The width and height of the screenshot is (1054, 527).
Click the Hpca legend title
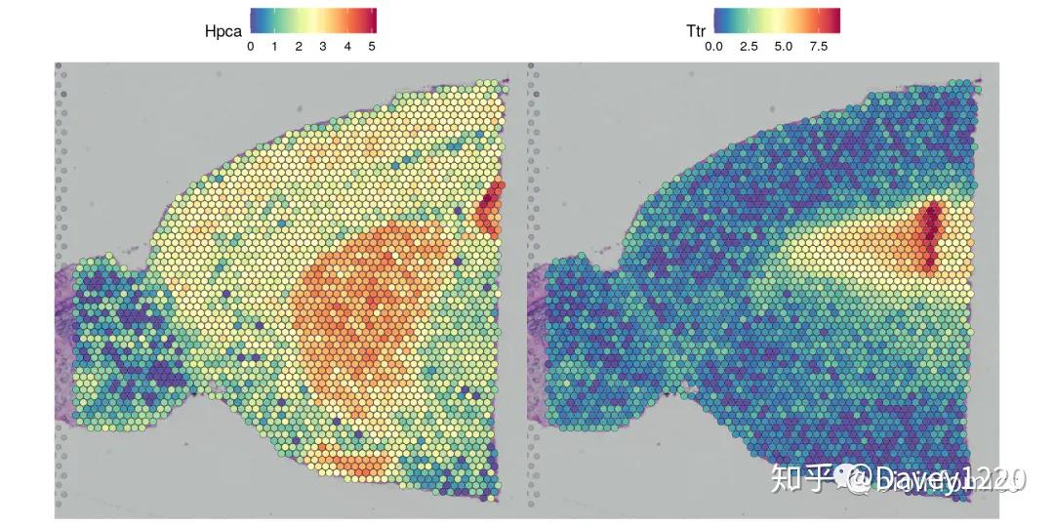[223, 31]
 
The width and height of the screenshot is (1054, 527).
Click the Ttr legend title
[696, 31]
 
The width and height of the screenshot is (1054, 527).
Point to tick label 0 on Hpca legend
[251, 46]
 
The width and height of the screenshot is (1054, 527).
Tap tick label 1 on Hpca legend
[275, 46]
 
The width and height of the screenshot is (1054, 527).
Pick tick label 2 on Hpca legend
[299, 46]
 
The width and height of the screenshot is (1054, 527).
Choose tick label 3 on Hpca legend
[323, 46]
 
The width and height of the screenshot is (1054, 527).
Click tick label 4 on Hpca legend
[347, 46]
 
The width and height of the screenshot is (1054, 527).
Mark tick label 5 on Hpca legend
[371, 46]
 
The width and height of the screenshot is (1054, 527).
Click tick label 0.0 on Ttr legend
[714, 46]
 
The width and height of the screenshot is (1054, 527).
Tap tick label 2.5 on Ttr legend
[749, 46]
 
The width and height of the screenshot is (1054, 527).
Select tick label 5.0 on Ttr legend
[784, 46]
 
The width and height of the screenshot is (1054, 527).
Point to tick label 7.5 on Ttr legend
[818, 46]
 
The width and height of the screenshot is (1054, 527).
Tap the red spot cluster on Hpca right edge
[490, 207]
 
